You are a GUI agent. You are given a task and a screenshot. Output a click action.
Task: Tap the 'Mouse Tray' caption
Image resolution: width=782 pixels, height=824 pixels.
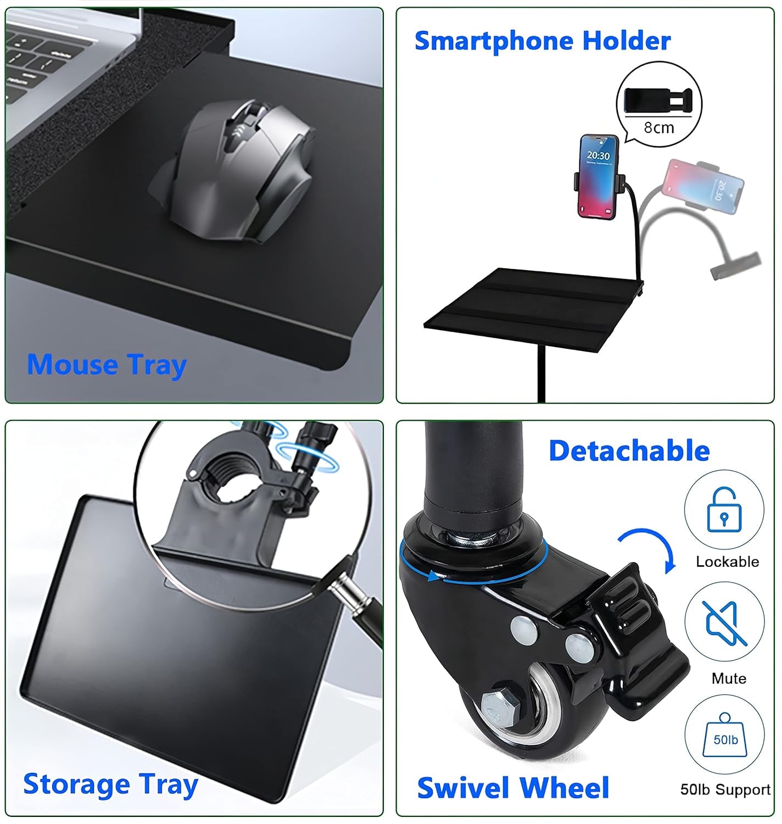click(107, 365)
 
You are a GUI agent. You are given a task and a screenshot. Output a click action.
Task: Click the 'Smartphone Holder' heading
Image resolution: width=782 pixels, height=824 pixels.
click(542, 41)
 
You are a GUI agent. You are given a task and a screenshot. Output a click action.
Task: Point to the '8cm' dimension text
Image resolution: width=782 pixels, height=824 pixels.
click(658, 128)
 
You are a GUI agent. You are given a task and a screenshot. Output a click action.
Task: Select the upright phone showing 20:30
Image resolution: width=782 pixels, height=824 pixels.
click(598, 176)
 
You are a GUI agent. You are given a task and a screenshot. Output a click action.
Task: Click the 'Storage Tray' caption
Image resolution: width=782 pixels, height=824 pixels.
click(110, 784)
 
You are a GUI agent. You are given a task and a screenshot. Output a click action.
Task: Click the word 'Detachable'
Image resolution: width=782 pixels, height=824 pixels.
click(629, 451)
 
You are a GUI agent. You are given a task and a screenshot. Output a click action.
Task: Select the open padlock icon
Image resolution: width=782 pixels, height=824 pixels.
click(724, 509)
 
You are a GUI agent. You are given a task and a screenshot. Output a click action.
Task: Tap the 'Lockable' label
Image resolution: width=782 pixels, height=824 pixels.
click(727, 561)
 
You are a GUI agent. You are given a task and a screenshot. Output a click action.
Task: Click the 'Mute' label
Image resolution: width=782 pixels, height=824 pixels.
click(729, 678)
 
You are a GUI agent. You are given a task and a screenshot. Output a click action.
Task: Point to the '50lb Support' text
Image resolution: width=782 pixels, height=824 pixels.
click(725, 789)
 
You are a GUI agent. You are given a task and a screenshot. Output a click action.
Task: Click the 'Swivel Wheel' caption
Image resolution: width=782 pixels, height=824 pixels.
click(513, 788)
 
